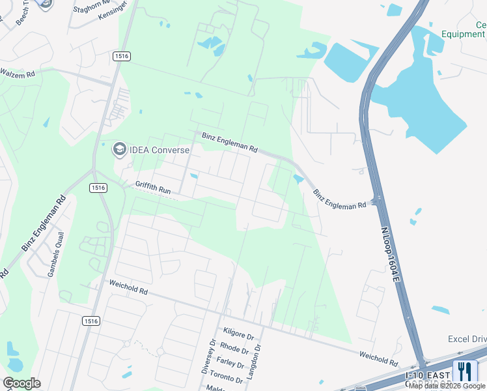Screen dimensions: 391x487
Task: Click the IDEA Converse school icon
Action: (119, 150)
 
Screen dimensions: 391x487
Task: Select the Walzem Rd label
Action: (18, 74)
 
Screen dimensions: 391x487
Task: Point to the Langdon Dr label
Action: (258, 358)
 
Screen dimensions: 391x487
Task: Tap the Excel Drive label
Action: (467, 340)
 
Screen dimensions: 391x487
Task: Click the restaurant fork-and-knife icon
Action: (465, 371)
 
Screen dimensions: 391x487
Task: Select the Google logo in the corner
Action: (21, 383)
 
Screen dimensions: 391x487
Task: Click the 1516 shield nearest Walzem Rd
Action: (121, 57)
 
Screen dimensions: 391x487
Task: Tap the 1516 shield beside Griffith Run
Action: (98, 188)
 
